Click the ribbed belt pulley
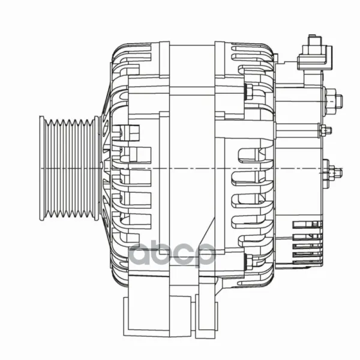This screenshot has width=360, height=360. coord(70,169)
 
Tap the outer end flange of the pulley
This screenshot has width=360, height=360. coord(42,169)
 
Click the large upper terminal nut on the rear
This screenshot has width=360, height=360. coord(332,101)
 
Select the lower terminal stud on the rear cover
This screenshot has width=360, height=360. coord(332,171)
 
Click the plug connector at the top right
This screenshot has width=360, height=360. coord(315,53)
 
